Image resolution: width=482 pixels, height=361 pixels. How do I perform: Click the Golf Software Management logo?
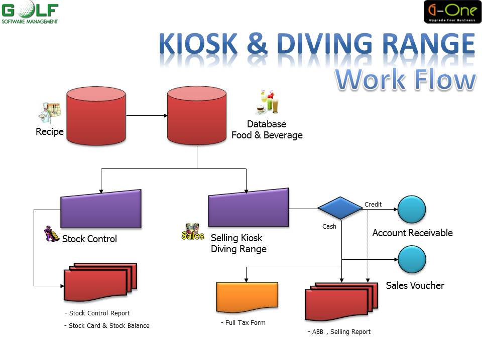pyautogui.click(x=30, y=13)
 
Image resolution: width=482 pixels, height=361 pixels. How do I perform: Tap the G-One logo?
pyautogui.click(x=452, y=12)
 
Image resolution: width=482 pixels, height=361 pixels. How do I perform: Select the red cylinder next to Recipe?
pyautogui.click(x=96, y=116)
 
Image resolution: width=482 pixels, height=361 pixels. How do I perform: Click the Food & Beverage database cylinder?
pyautogui.click(x=197, y=115)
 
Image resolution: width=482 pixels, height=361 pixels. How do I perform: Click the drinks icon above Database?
pyautogui.click(x=268, y=102)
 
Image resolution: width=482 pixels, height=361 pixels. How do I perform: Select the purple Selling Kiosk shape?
pyautogui.click(x=249, y=208)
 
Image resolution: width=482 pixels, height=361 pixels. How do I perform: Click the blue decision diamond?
pyautogui.click(x=340, y=208)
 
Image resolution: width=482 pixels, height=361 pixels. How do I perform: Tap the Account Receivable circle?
pyautogui.click(x=412, y=210)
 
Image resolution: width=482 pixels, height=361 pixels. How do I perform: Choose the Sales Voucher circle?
pyautogui.click(x=412, y=259)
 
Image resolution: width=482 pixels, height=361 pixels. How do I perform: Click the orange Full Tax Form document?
pyautogui.click(x=247, y=297)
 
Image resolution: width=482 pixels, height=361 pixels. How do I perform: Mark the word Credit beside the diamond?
pyautogui.click(x=373, y=205)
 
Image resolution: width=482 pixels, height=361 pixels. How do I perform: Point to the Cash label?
pyautogui.click(x=329, y=227)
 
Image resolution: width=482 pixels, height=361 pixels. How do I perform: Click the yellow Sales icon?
pyautogui.click(x=193, y=232)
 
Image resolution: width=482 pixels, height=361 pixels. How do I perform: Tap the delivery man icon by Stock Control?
pyautogui.click(x=52, y=234)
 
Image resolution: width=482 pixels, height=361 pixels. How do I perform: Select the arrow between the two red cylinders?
pyautogui.click(x=147, y=116)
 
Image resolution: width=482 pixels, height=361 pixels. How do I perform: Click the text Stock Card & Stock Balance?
pyautogui.click(x=107, y=326)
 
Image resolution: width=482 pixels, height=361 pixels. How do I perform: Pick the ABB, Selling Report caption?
pyautogui.click(x=339, y=332)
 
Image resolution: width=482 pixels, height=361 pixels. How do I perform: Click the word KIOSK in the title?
pyautogui.click(x=198, y=44)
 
